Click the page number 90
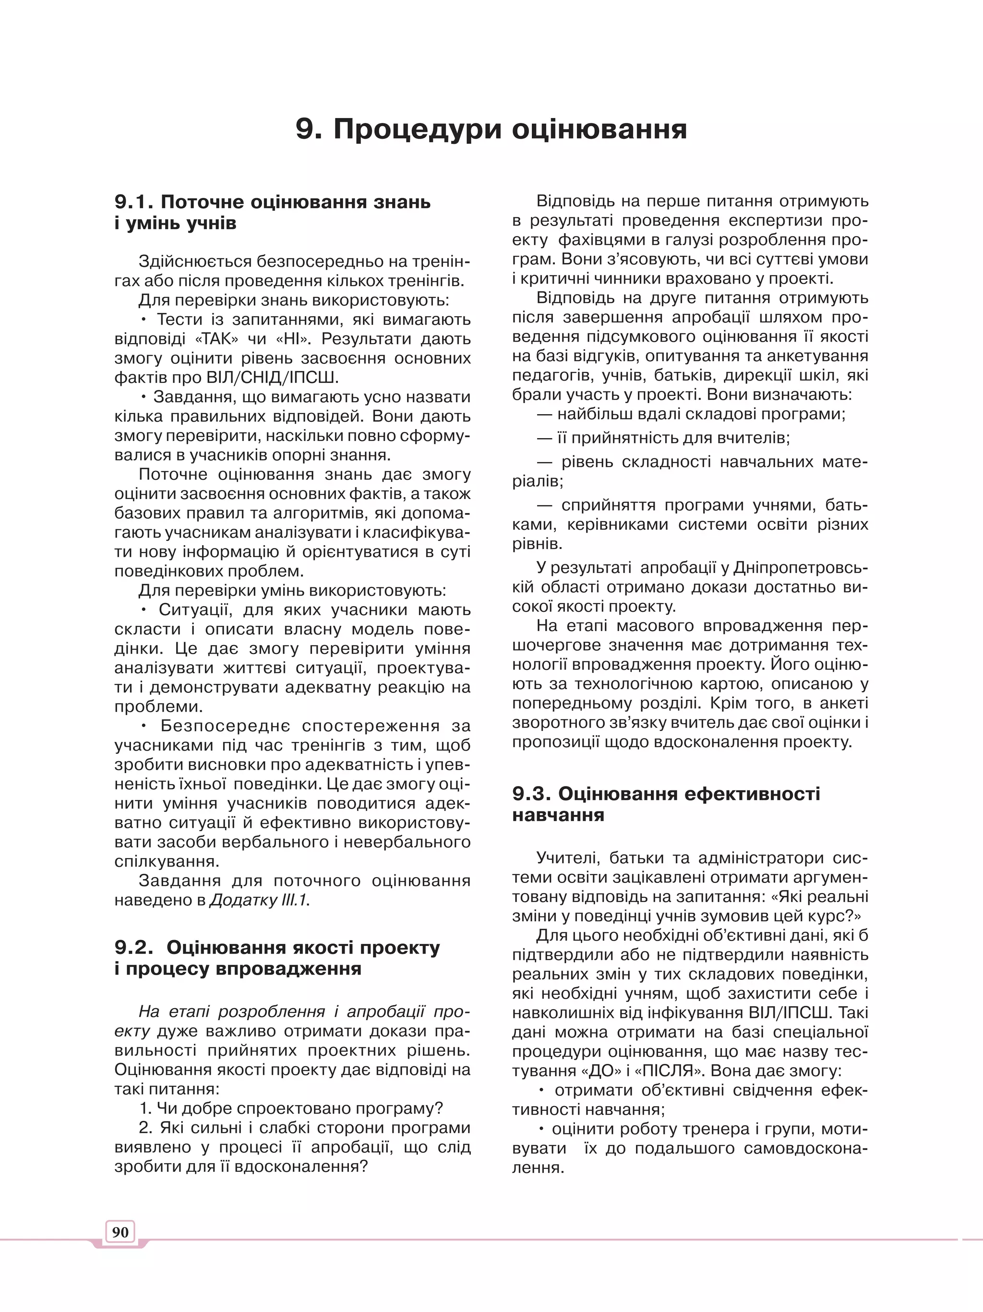(x=120, y=1232)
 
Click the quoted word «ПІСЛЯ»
(x=669, y=1071)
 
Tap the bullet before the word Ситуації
(x=144, y=610)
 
